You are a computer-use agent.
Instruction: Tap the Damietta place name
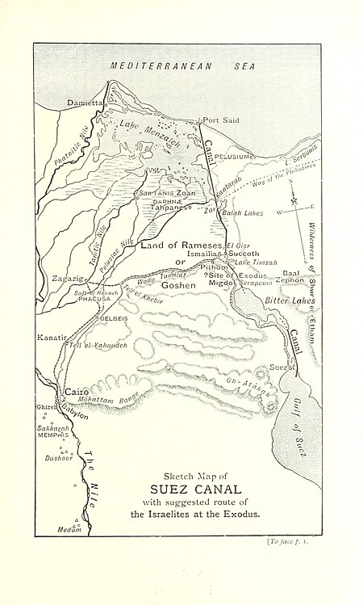click(86, 103)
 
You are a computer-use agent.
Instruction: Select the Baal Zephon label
click(290, 276)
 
